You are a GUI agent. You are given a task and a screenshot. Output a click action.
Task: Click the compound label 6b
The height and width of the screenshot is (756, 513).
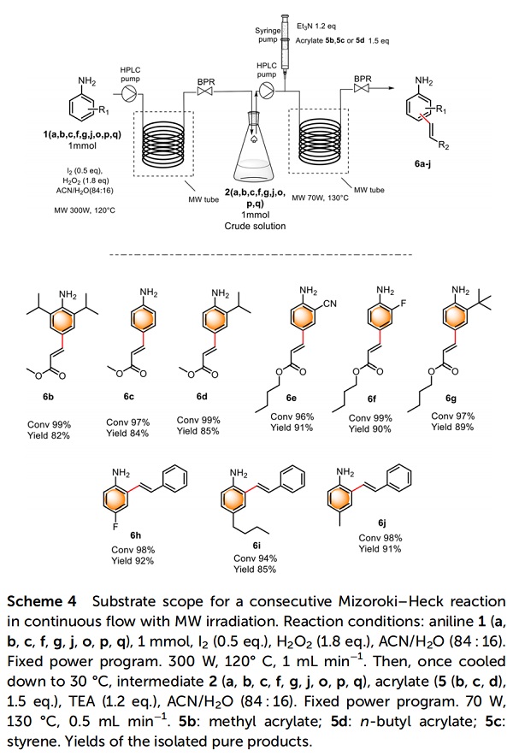coord(48,398)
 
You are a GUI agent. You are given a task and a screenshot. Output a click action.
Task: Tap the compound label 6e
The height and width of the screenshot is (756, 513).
coord(291,398)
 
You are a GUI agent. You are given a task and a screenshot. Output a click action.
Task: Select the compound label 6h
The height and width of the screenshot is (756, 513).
coord(135,535)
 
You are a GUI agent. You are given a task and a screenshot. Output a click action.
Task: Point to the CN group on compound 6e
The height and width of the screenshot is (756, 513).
coord(330,304)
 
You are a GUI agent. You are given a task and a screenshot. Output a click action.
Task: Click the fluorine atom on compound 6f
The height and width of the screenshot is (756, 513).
coord(404,303)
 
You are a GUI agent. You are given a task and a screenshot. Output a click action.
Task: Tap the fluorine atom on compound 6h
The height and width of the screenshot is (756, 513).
coord(115,527)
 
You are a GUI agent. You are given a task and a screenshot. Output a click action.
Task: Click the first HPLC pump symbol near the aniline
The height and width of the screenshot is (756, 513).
coord(129,93)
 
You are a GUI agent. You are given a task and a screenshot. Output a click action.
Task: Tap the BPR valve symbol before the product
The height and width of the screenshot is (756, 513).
coord(362,88)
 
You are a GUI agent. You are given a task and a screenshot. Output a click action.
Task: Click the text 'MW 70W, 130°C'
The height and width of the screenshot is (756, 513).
coord(320,198)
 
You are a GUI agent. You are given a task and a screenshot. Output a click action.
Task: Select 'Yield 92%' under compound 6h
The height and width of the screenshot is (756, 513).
coord(133,561)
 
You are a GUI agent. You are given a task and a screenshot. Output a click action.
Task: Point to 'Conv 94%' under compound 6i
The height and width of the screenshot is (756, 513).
coord(255,558)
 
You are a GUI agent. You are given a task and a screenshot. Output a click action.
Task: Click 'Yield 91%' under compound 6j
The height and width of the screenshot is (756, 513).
coord(380,549)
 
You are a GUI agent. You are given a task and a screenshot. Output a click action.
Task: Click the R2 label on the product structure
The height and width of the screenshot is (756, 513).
coord(443,145)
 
